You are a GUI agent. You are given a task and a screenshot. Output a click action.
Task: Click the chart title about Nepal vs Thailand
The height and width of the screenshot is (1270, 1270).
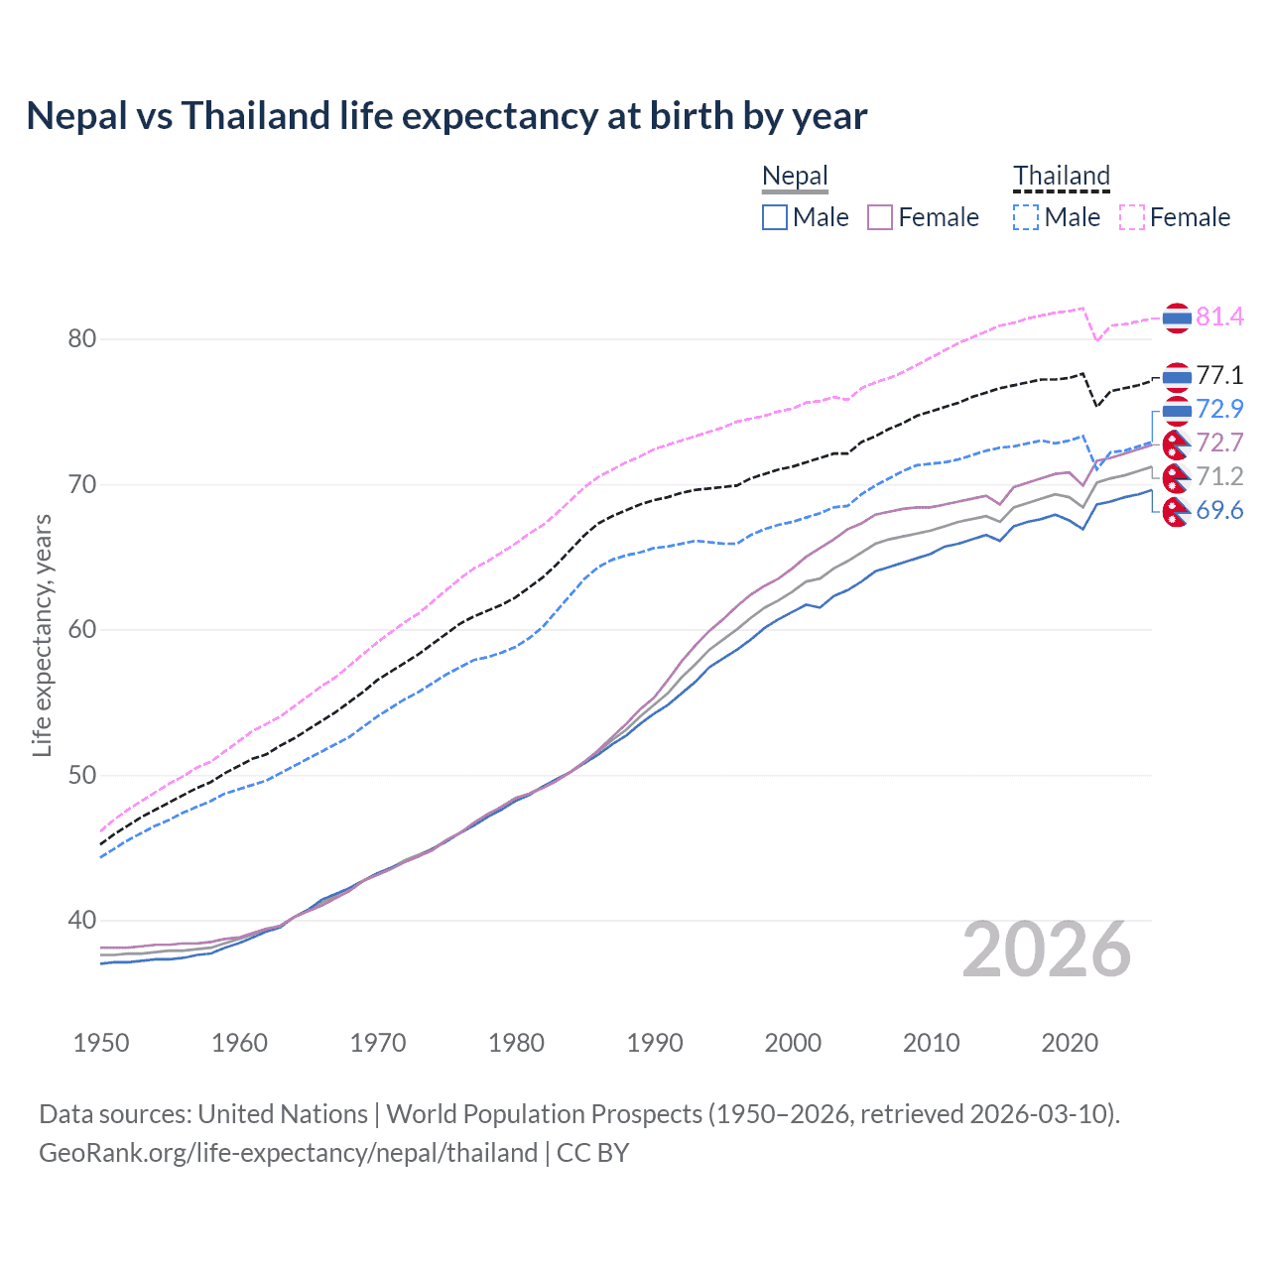446,116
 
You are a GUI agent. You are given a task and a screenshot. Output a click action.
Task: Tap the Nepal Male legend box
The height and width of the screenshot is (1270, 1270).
775,217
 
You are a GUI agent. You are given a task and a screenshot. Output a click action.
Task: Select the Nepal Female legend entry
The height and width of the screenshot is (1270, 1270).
923,217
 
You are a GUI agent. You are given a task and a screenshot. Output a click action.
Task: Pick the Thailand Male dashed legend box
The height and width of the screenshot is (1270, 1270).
1026,217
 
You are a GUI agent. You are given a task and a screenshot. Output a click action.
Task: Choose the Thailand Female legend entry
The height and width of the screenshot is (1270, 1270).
1175,217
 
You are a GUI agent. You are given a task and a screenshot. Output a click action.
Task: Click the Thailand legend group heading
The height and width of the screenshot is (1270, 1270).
1061,176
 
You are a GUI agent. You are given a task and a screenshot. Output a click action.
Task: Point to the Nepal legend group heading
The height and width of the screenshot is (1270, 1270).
795,176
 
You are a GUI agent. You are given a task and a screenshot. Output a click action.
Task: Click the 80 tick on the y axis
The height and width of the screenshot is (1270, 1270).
82,339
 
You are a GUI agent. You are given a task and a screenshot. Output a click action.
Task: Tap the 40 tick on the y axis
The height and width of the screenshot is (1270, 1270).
82,921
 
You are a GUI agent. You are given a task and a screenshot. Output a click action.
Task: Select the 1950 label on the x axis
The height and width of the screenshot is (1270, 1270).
101,1043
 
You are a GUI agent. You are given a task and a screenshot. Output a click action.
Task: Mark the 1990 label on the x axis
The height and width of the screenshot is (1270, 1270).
655,1043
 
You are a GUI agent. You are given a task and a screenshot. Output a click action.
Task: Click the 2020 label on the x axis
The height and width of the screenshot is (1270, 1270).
1070,1043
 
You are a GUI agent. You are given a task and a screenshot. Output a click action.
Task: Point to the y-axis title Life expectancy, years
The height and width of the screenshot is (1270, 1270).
42,635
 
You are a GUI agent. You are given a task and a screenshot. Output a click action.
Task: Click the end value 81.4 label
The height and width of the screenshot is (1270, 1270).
1219,317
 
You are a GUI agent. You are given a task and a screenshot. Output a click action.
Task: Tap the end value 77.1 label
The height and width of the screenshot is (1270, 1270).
1219,375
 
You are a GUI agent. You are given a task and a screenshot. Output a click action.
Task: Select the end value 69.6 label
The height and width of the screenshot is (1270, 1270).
1219,510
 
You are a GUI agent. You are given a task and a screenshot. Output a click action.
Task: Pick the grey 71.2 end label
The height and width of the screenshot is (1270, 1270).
1219,476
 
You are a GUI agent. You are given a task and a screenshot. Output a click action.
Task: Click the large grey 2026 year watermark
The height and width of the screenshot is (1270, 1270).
1047,951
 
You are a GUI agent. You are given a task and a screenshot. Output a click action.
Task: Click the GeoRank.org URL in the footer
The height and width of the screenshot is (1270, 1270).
288,1153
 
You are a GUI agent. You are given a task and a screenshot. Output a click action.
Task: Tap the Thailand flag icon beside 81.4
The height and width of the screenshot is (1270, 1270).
1176,317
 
